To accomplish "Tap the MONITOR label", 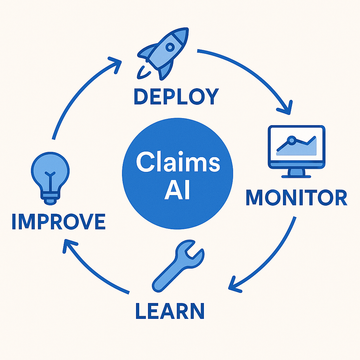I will click(x=296, y=198).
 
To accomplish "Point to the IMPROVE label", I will click(x=58, y=221).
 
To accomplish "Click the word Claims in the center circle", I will click(x=178, y=162).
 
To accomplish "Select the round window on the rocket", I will click(x=170, y=46).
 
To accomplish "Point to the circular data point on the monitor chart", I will click(x=291, y=141).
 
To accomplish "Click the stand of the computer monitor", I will click(x=296, y=172).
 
